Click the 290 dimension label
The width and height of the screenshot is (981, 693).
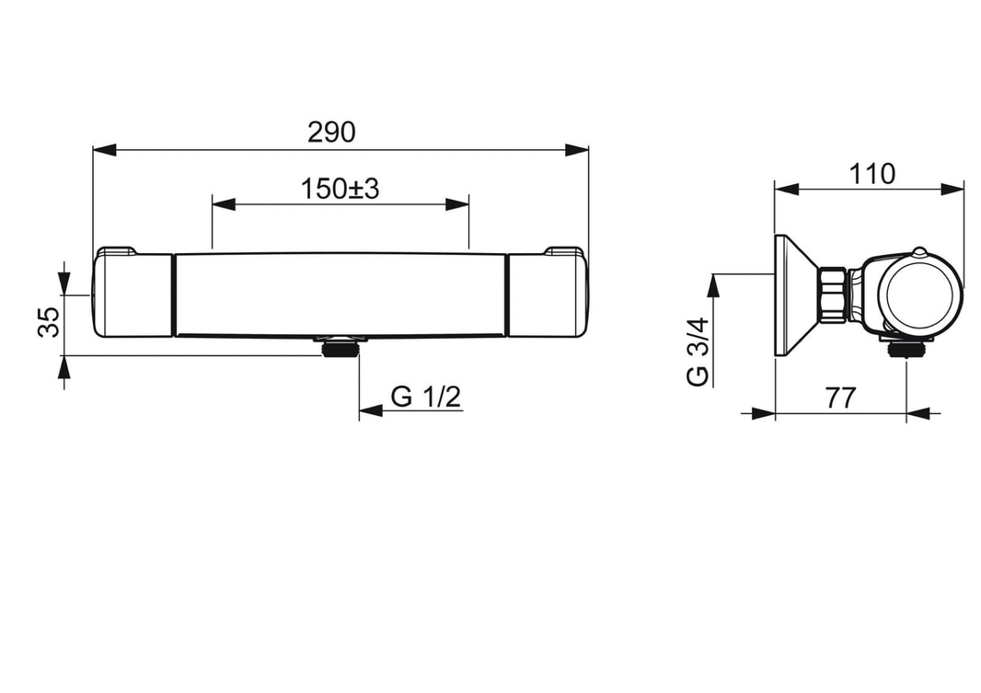tap(331, 132)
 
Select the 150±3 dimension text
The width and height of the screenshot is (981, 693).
tap(340, 189)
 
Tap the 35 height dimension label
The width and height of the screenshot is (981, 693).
tap(50, 322)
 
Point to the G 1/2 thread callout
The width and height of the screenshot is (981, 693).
tap(425, 397)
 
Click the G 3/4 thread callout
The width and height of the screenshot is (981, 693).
tap(698, 352)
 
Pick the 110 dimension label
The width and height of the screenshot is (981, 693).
tap(871, 174)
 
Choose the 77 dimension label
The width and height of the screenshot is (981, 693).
tap(839, 398)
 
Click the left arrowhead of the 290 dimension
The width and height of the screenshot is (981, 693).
tap(105, 150)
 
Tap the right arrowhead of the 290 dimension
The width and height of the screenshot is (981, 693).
tap(576, 150)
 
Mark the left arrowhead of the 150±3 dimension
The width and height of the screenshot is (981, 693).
tap(224, 204)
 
